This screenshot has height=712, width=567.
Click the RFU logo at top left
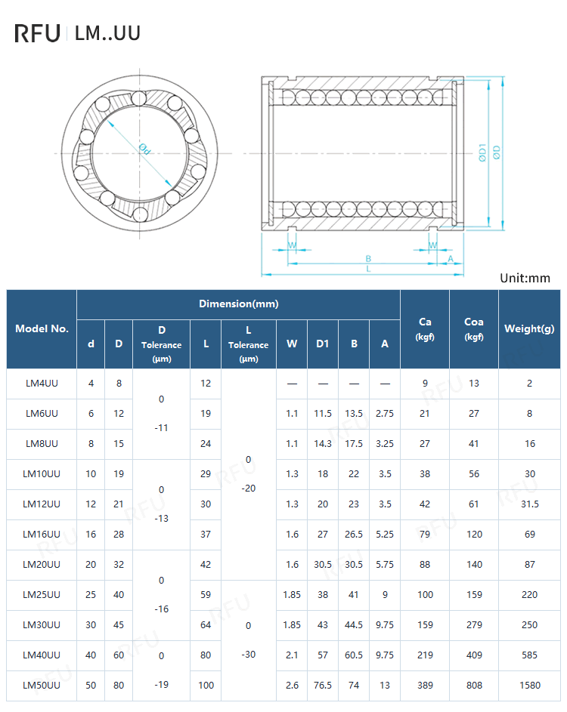point(37,33)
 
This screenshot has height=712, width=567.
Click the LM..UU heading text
point(107,33)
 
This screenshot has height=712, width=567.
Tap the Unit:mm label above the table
point(525,278)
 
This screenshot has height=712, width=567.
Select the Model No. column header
point(42,328)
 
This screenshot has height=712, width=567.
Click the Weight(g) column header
point(529,328)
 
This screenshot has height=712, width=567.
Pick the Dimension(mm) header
point(238,304)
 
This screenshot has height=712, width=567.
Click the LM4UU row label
point(42,384)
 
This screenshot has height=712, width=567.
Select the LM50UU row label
point(42,686)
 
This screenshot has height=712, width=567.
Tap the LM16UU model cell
point(42,535)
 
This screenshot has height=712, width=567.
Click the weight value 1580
point(529,686)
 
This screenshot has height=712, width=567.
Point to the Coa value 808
point(474,686)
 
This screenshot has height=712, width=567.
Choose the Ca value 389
point(425,686)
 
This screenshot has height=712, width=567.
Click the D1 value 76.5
point(323,686)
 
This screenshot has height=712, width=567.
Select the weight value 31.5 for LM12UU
point(529,504)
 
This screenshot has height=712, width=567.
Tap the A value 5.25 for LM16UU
point(385,535)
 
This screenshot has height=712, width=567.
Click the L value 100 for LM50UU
point(206,686)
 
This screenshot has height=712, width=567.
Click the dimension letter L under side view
point(368,269)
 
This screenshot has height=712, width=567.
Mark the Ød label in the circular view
point(145,149)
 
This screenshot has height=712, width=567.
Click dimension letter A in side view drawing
point(451,258)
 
